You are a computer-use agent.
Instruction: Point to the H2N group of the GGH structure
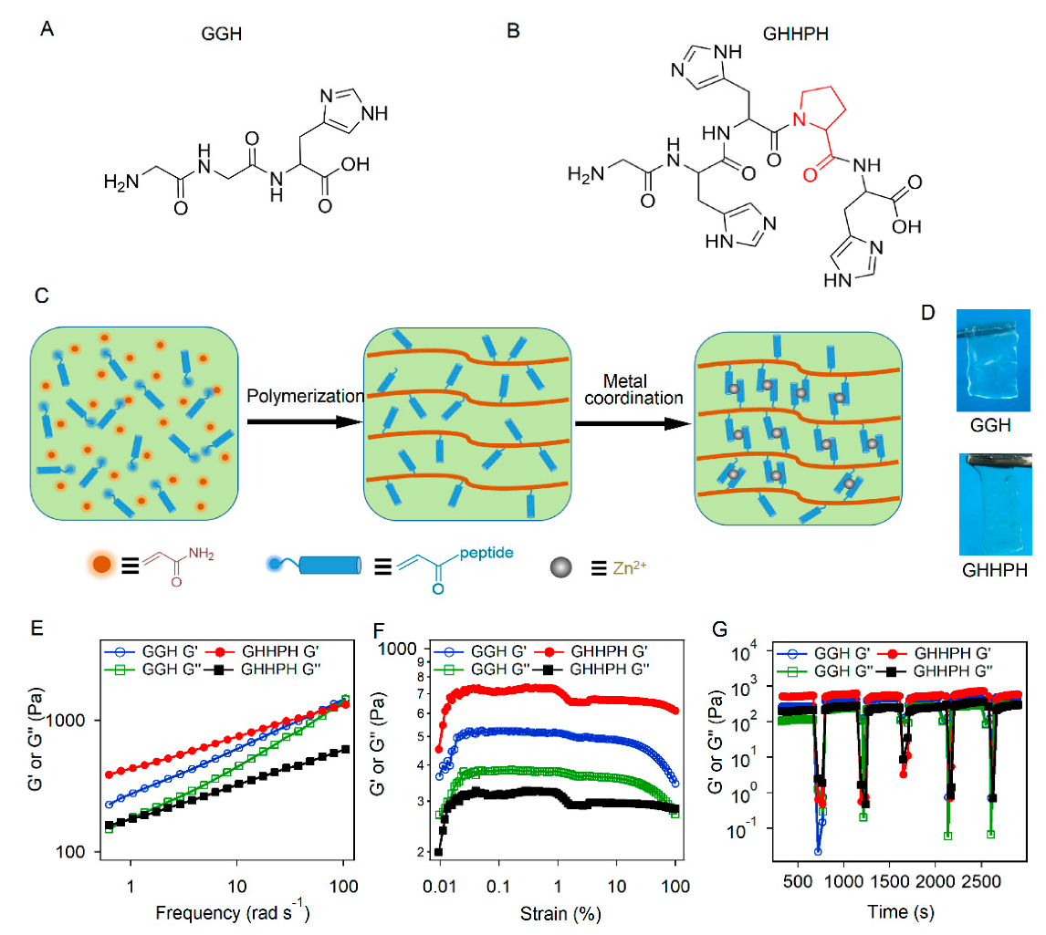tap(120, 182)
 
